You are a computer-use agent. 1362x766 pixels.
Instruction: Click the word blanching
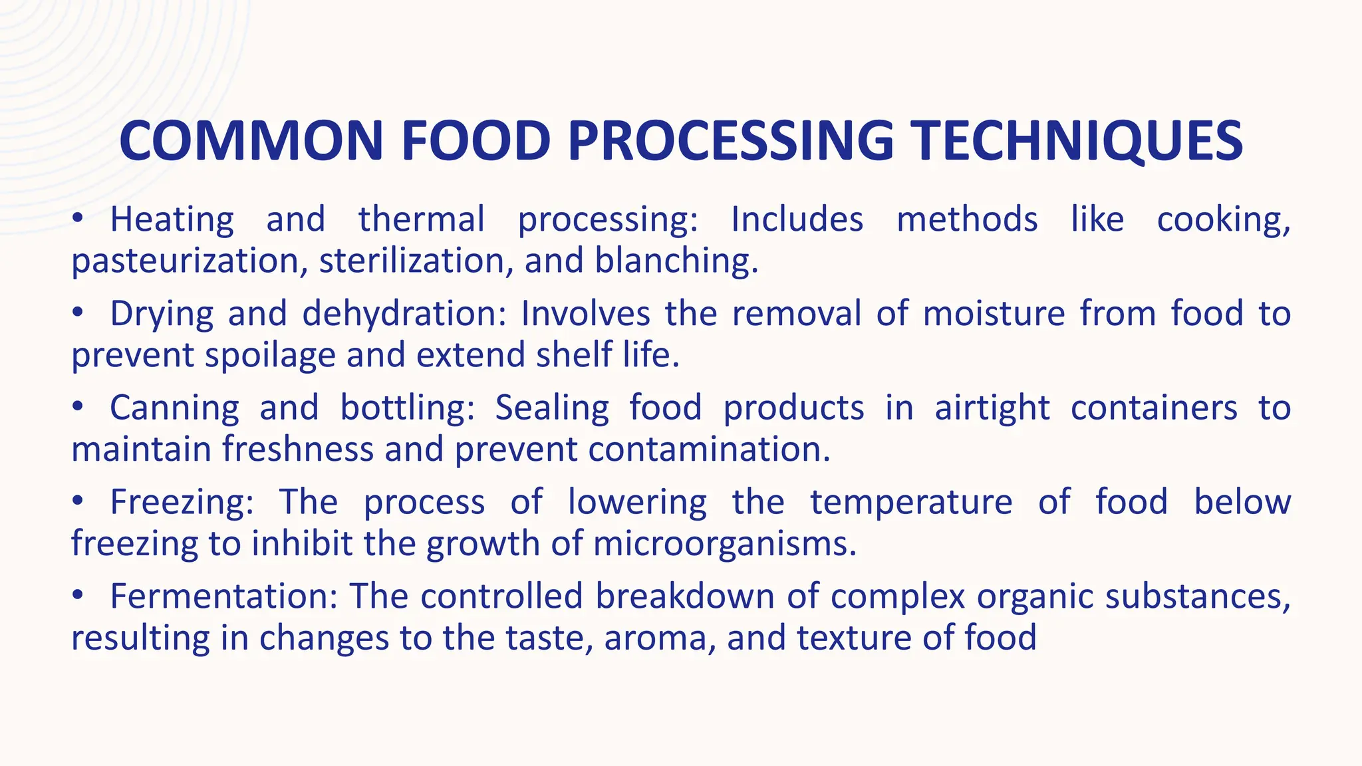pos(676,261)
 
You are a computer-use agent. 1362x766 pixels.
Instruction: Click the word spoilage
pos(270,355)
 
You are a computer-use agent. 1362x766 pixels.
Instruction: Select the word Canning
pos(174,408)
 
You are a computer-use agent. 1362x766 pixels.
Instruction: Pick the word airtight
pos(992,408)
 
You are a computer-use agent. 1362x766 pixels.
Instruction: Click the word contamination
pos(709,449)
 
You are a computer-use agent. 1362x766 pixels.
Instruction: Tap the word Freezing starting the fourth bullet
pos(182,502)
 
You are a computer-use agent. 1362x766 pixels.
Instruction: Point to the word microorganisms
pos(724,544)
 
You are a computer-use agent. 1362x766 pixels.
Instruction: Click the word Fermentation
pos(224,596)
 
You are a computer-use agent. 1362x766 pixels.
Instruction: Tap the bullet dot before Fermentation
pos(78,594)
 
